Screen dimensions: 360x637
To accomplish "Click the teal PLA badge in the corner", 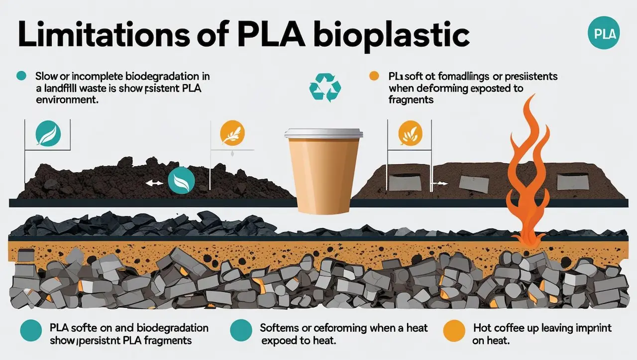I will click(x=605, y=34).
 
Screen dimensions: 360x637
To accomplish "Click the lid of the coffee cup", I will click(x=323, y=134).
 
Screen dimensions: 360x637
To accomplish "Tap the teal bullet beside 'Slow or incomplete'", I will click(x=21, y=76).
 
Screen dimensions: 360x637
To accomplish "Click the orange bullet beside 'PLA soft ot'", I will click(x=373, y=76).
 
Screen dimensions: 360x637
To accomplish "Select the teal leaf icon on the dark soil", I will click(x=178, y=180).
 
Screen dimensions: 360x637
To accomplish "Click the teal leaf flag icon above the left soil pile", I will click(x=48, y=133).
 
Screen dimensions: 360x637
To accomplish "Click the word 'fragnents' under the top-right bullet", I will click(x=411, y=100).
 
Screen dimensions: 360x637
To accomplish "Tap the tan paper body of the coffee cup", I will click(x=323, y=174).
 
